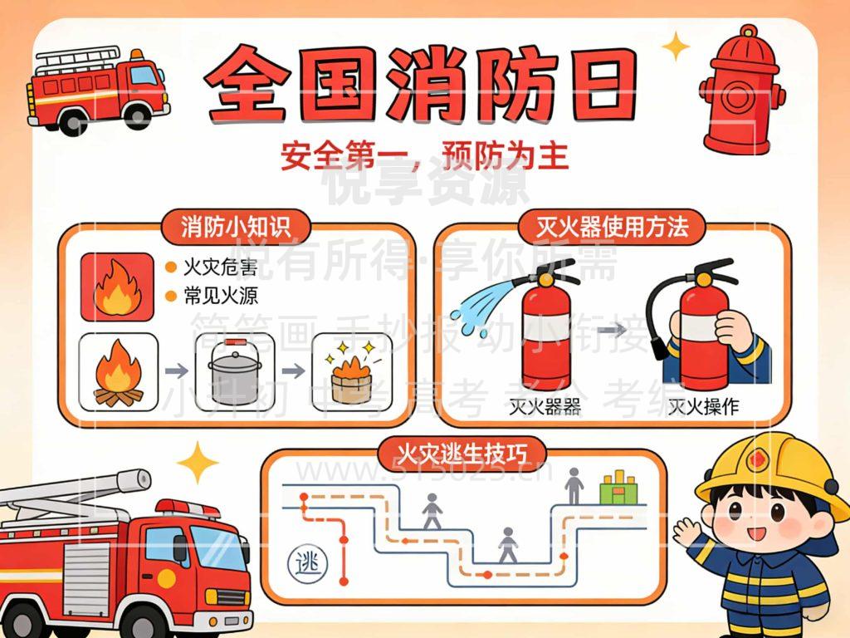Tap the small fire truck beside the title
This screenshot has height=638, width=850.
point(97,86)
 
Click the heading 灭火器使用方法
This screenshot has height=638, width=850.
point(612,226)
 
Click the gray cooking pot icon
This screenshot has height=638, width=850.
point(234,374)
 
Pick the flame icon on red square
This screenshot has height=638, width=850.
point(117,287)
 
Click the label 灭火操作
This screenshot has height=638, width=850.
point(704,406)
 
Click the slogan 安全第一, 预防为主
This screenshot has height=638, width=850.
point(424,156)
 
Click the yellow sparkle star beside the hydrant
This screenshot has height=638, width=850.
point(677,47)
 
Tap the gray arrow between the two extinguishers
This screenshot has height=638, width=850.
point(613,330)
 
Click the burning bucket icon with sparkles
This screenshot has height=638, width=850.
point(349,373)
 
